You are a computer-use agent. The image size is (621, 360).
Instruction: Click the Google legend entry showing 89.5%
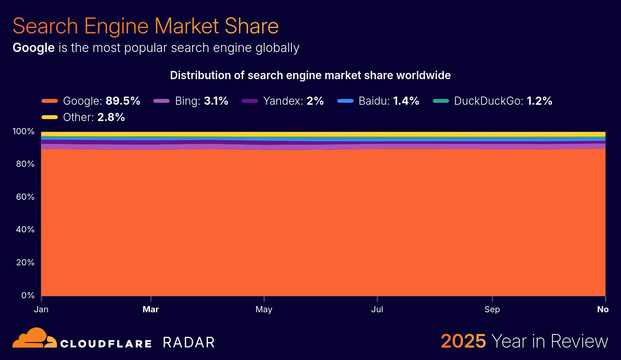91,101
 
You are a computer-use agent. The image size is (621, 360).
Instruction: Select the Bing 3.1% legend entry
191,101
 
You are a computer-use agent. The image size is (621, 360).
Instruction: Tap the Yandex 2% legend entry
283,101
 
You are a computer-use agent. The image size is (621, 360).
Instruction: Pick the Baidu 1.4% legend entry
378,101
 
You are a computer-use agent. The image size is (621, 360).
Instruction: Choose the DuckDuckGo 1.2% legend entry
493,101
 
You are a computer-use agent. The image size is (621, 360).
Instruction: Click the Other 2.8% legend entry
83,117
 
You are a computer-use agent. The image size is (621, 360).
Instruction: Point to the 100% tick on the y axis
23,132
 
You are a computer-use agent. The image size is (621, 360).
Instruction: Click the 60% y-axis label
25,197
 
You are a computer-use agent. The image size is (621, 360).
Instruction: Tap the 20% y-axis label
25,263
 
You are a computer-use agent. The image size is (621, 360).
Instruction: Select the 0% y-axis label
28,296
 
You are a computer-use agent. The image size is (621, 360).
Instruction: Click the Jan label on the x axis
41,310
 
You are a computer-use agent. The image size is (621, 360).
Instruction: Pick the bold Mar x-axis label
151,310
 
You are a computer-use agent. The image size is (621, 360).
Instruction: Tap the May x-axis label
264,310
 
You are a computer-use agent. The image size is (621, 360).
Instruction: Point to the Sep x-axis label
492,310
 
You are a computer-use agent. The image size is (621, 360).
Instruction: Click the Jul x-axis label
377,310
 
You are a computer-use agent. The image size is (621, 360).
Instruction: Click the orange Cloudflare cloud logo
34,338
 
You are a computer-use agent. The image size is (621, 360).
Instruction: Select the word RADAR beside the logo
189,343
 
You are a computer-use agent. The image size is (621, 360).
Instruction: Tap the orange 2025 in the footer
463,341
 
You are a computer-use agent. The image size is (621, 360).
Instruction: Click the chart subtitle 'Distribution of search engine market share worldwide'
310,75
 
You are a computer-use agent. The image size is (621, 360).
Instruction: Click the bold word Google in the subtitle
34,48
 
